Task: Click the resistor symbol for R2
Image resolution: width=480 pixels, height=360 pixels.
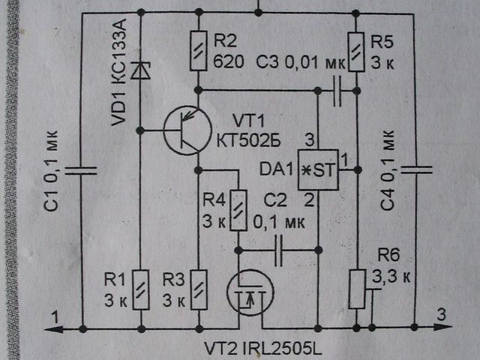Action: [x=199, y=50]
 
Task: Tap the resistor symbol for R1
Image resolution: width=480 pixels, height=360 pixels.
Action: [x=140, y=289]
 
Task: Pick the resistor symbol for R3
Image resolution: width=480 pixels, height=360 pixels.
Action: [x=199, y=289]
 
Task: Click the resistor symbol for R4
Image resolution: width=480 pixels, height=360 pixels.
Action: [x=238, y=211]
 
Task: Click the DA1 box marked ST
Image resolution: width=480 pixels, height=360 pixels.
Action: [x=318, y=170]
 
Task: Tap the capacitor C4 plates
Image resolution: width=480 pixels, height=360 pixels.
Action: [x=415, y=169]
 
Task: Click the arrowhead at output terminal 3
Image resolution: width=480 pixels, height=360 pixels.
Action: [x=443, y=328]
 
